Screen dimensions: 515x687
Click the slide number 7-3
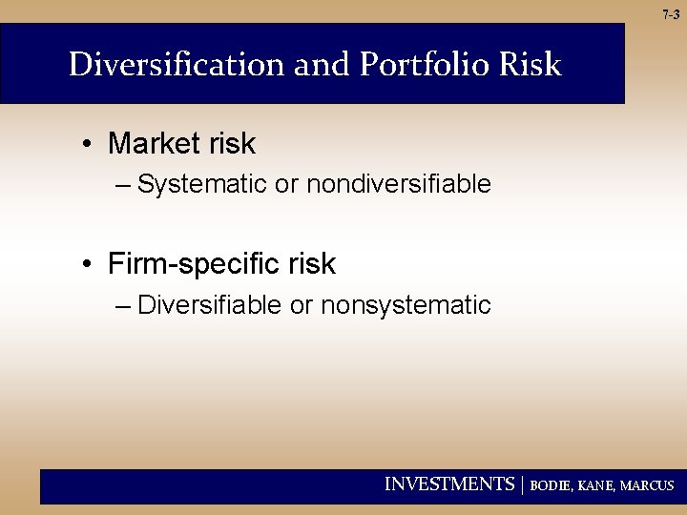point(670,14)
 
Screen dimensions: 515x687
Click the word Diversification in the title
point(177,65)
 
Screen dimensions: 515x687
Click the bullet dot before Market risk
point(86,145)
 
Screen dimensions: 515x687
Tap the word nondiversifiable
point(399,184)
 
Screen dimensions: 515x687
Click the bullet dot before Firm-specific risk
point(86,264)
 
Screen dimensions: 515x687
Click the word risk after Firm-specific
point(312,263)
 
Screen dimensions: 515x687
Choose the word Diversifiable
point(210,305)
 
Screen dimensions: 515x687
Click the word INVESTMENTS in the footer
point(448,484)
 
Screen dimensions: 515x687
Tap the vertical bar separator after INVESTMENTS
point(523,484)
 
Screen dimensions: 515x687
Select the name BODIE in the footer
point(551,485)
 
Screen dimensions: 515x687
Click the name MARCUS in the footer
point(647,485)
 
